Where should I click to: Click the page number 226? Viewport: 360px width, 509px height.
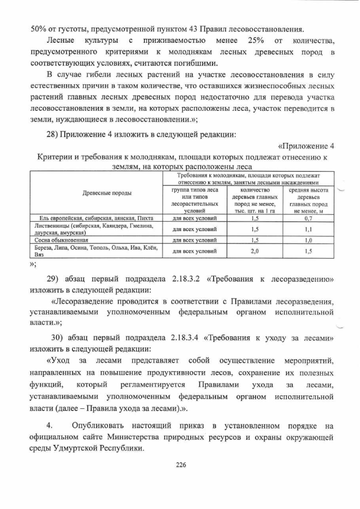coord(181,465)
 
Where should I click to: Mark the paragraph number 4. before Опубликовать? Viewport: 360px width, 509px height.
coord(50,425)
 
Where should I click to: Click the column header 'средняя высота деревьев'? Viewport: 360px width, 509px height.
coord(308,194)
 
